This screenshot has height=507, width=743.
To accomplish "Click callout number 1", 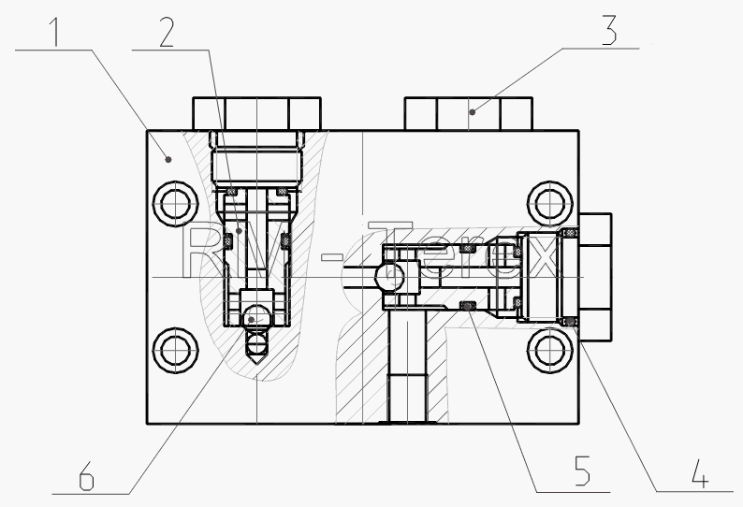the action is (x=56, y=31).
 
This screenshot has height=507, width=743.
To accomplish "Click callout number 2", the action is (x=167, y=31).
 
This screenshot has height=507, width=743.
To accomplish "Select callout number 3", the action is (x=609, y=30).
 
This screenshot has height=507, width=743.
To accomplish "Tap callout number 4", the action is (x=700, y=473).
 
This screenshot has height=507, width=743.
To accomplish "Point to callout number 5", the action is (x=582, y=471).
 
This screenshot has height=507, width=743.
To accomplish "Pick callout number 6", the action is (x=86, y=475).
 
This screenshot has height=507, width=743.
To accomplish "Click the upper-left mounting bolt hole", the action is (x=175, y=203).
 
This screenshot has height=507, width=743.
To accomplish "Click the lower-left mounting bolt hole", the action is (x=175, y=350).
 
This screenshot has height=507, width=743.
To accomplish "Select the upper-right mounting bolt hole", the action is (x=549, y=204).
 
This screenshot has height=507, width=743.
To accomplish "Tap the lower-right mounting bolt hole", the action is (x=549, y=350).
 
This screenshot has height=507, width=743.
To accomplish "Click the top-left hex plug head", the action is (x=256, y=114).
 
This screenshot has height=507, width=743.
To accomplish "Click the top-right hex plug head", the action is (x=469, y=114).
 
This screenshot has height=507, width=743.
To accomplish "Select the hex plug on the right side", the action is (x=595, y=277).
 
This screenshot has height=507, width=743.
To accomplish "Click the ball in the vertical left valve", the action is (x=256, y=316).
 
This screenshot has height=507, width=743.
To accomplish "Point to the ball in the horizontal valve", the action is (x=389, y=277).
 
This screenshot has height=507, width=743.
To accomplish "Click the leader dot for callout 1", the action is (x=168, y=160).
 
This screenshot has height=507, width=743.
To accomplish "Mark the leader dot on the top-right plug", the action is (x=473, y=112).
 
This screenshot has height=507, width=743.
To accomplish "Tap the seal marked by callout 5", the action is (x=468, y=307).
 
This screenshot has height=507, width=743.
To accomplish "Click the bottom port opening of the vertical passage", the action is (x=407, y=421).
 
